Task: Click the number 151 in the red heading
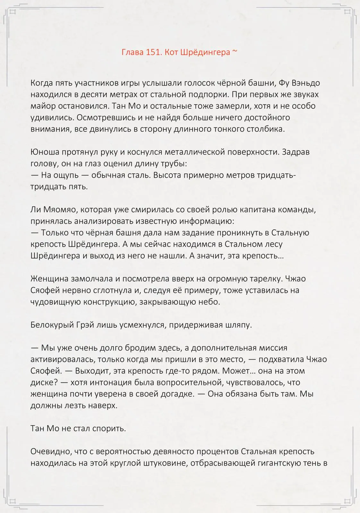[153, 52]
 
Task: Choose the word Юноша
[44, 152]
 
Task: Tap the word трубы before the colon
[174, 164]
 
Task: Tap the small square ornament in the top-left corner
[13, 12]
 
